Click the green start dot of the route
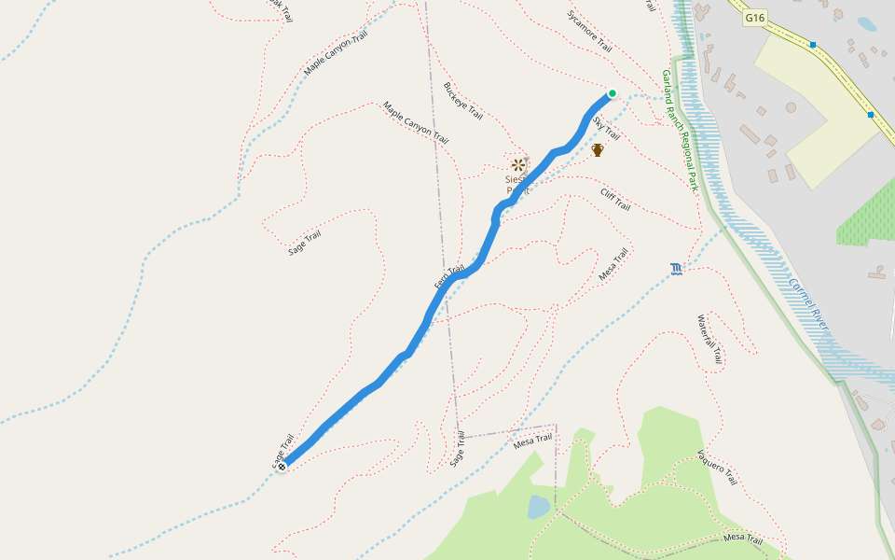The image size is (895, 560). click(613, 93)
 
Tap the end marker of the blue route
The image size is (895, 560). click(282, 465)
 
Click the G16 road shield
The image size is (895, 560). click(755, 17)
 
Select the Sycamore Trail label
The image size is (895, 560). click(589, 31)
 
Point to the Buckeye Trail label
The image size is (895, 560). click(463, 101)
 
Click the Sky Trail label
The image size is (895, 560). click(605, 129)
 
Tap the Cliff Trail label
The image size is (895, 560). click(615, 199)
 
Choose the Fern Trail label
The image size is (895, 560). click(448, 276)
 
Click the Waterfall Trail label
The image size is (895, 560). click(709, 339)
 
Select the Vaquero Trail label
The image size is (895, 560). click(717, 467)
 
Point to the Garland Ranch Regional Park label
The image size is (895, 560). click(681, 131)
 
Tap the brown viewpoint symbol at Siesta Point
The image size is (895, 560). click(517, 165)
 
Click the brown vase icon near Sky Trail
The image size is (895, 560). click(598, 149)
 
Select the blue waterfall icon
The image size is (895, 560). click(676, 270)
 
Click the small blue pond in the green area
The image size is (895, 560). click(539, 507)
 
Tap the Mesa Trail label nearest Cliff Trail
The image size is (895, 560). click(613, 264)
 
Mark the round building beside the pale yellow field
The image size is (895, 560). click(791, 108)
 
